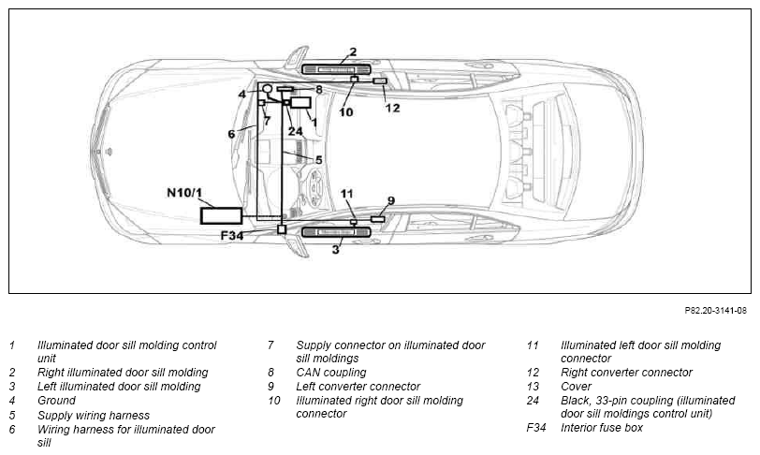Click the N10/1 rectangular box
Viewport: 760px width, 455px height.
222,215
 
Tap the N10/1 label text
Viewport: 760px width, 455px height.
184,193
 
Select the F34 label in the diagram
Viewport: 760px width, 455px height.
232,236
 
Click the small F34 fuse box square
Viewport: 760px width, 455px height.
282,229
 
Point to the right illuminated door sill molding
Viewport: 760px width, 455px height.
336,70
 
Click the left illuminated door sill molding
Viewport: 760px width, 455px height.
336,232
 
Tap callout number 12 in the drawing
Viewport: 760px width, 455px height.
392,108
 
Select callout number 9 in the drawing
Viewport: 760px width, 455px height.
391,200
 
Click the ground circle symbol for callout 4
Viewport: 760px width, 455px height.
268,89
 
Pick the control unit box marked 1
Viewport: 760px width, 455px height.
300,103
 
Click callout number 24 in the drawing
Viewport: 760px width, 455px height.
295,131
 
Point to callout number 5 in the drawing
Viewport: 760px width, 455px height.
318,159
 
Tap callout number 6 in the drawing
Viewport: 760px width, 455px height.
232,133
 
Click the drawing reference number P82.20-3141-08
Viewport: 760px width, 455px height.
715,311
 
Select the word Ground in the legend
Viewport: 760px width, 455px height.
57,401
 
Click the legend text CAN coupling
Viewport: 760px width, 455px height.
331,373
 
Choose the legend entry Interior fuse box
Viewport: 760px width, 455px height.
602,428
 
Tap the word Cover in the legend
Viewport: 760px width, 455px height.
576,387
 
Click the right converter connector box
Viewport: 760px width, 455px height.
379,81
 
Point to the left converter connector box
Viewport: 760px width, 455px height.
377,219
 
